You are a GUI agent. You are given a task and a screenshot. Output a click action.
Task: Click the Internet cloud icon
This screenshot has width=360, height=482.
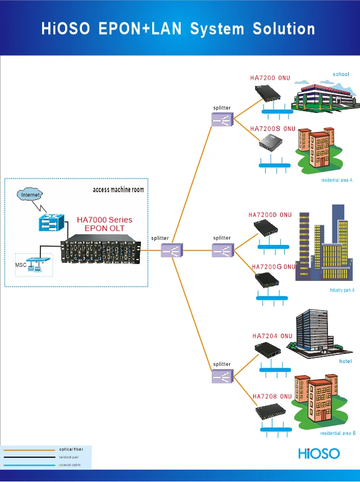point(31,194)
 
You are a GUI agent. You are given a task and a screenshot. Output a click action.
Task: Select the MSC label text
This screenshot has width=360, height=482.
point(21,264)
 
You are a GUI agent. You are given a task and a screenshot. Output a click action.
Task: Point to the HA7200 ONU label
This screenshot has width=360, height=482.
point(270,78)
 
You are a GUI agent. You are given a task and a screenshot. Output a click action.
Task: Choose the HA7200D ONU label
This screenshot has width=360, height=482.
point(270,215)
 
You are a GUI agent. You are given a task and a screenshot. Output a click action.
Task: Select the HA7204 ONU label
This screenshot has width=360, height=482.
point(272,336)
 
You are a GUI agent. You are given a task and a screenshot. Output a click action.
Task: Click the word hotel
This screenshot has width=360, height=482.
point(346,361)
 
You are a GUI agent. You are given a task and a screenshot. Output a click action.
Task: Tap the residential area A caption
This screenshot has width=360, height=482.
point(336,180)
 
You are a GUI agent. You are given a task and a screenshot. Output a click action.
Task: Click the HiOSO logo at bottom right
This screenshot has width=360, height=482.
point(318,453)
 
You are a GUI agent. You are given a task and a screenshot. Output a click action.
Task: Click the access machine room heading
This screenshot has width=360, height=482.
point(118,190)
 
